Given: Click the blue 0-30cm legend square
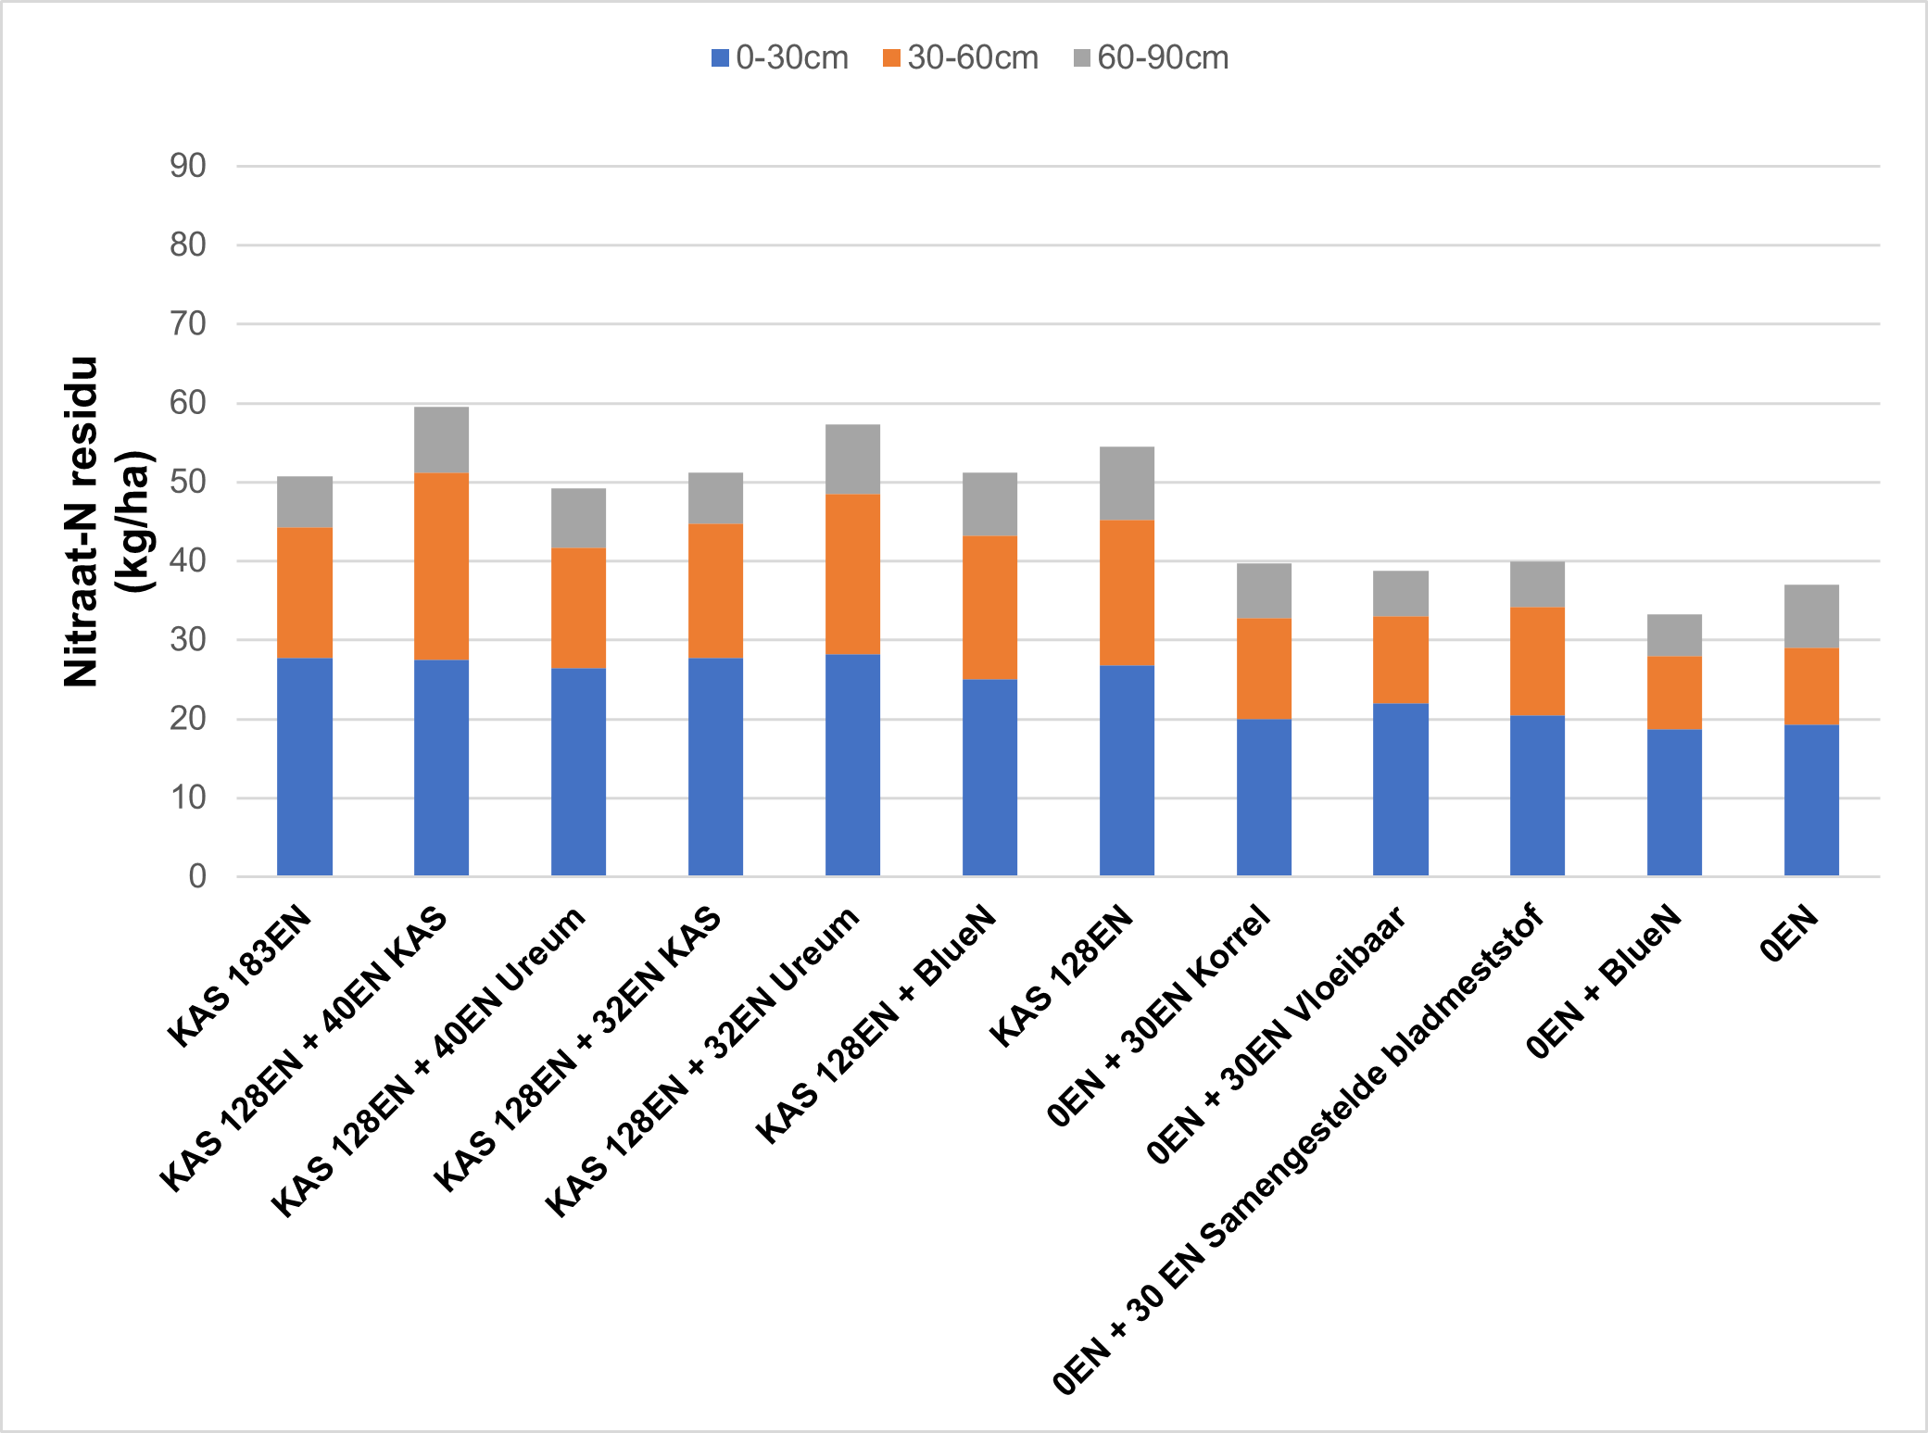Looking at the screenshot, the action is (720, 58).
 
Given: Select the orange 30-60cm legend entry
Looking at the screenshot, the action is (960, 58).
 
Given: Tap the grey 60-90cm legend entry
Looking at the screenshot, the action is (1151, 58).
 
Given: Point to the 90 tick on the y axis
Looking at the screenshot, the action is (188, 166).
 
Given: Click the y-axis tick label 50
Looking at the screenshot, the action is (188, 482).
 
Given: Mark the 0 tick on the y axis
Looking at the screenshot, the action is (197, 876).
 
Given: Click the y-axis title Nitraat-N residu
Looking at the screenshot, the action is (81, 522).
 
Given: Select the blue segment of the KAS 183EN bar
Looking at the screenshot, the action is (305, 767).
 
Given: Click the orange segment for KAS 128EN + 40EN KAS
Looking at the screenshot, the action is (441, 566).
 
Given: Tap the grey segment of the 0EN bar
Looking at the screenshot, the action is (1811, 616).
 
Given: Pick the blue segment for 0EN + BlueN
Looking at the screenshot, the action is (1674, 803).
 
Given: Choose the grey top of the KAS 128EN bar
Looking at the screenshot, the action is (1127, 484).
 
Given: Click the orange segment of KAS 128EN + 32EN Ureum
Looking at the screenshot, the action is (852, 574).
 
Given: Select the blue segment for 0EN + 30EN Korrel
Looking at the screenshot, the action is (1264, 798).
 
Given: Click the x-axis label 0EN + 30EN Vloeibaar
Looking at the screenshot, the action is (1276, 1034).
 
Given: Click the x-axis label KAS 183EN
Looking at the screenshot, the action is (240, 975).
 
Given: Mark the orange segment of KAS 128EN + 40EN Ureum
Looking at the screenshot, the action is (578, 608).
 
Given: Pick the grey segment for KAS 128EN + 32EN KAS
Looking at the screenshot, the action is (715, 498).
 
